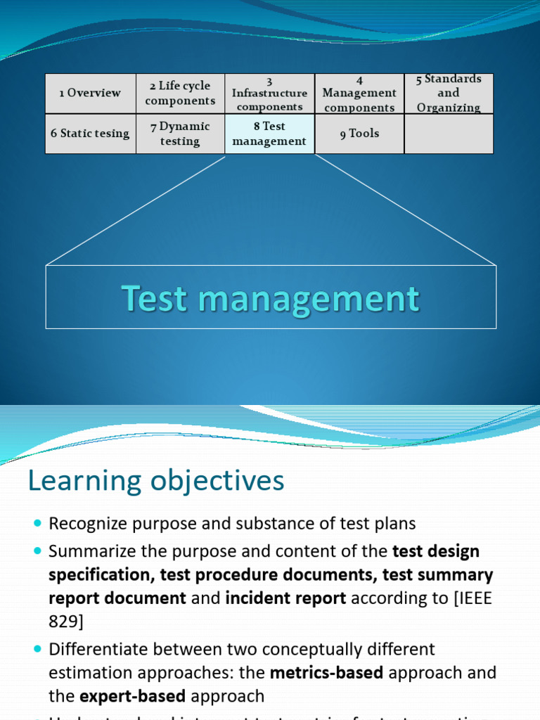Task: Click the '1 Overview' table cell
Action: click(x=90, y=93)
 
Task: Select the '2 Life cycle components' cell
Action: click(x=180, y=93)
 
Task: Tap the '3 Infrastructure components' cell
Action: click(x=269, y=93)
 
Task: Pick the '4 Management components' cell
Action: click(x=359, y=93)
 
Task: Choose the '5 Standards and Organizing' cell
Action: click(x=449, y=93)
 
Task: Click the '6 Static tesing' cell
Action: click(x=90, y=133)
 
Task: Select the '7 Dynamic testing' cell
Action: click(x=180, y=133)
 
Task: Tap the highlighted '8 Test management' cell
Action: click(x=269, y=133)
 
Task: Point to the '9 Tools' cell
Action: click(x=359, y=133)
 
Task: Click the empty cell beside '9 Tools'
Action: click(x=449, y=133)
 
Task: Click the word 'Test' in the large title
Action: click(x=156, y=298)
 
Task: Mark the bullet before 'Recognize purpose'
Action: click(x=37, y=524)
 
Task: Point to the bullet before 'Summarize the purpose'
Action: click(x=37, y=552)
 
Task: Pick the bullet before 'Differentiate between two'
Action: click(x=37, y=649)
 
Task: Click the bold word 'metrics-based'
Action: click(x=326, y=673)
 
